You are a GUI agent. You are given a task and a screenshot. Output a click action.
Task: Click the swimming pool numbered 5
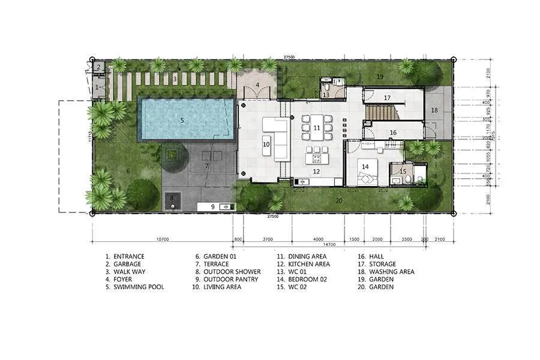coord(183,119)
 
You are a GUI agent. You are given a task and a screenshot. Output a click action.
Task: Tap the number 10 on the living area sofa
coord(266,144)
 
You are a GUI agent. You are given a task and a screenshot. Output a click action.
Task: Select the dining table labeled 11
coord(316,128)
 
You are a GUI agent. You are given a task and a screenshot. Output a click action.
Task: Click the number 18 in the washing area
coord(434,110)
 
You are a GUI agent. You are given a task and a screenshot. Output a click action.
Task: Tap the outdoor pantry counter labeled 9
coord(216,206)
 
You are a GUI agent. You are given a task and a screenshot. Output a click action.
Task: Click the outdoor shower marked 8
coord(172,202)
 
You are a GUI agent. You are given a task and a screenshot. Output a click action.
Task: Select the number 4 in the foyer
coord(257,85)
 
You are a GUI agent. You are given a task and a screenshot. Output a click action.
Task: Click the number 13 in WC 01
coord(326,95)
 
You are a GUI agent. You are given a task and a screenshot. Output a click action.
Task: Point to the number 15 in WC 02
coord(403,172)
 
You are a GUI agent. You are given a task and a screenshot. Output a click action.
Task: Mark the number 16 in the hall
coord(394,133)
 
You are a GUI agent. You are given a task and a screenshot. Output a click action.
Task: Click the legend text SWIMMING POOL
coord(139,287)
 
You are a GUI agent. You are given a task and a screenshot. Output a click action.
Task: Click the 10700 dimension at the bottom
coord(162,239)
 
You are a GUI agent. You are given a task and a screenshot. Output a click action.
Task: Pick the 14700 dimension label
coord(328,245)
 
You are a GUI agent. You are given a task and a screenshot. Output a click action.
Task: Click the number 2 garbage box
coord(98,67)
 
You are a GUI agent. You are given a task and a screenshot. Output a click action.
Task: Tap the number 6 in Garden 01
coord(128,171)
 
